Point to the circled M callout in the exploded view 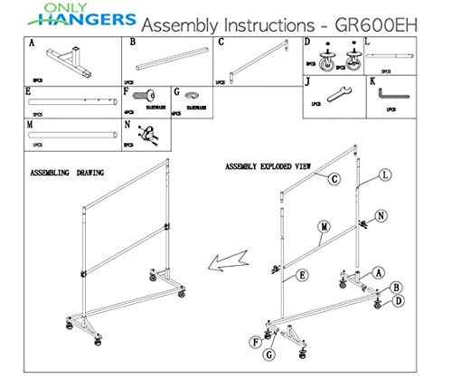coord(324,225)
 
